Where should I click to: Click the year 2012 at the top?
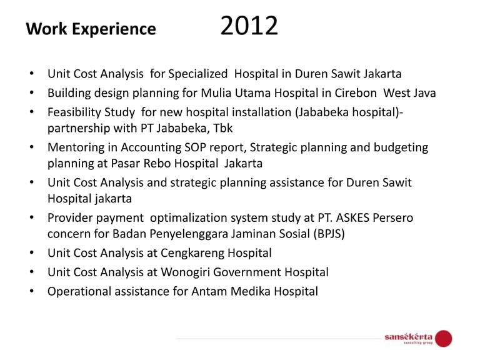(249, 26)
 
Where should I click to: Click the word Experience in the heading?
(114, 30)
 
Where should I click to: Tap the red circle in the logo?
(444, 338)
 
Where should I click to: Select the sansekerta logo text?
(409, 337)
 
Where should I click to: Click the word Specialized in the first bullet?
(197, 74)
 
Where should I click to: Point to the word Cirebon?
(356, 92)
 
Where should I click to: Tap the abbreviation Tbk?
(223, 128)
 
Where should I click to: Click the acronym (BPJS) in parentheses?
(329, 234)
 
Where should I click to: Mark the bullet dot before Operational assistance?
(31, 291)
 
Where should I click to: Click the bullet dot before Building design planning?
(31, 92)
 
